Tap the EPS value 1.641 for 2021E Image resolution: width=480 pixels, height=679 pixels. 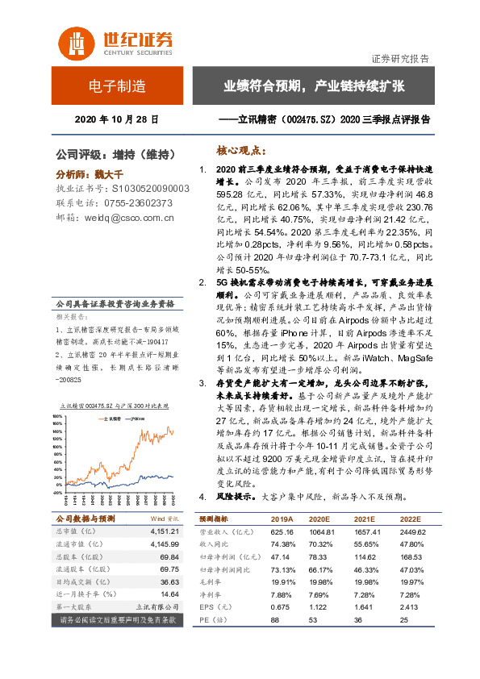pyautogui.click(x=365, y=606)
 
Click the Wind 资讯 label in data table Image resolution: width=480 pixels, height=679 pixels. pyautogui.click(x=164, y=519)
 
